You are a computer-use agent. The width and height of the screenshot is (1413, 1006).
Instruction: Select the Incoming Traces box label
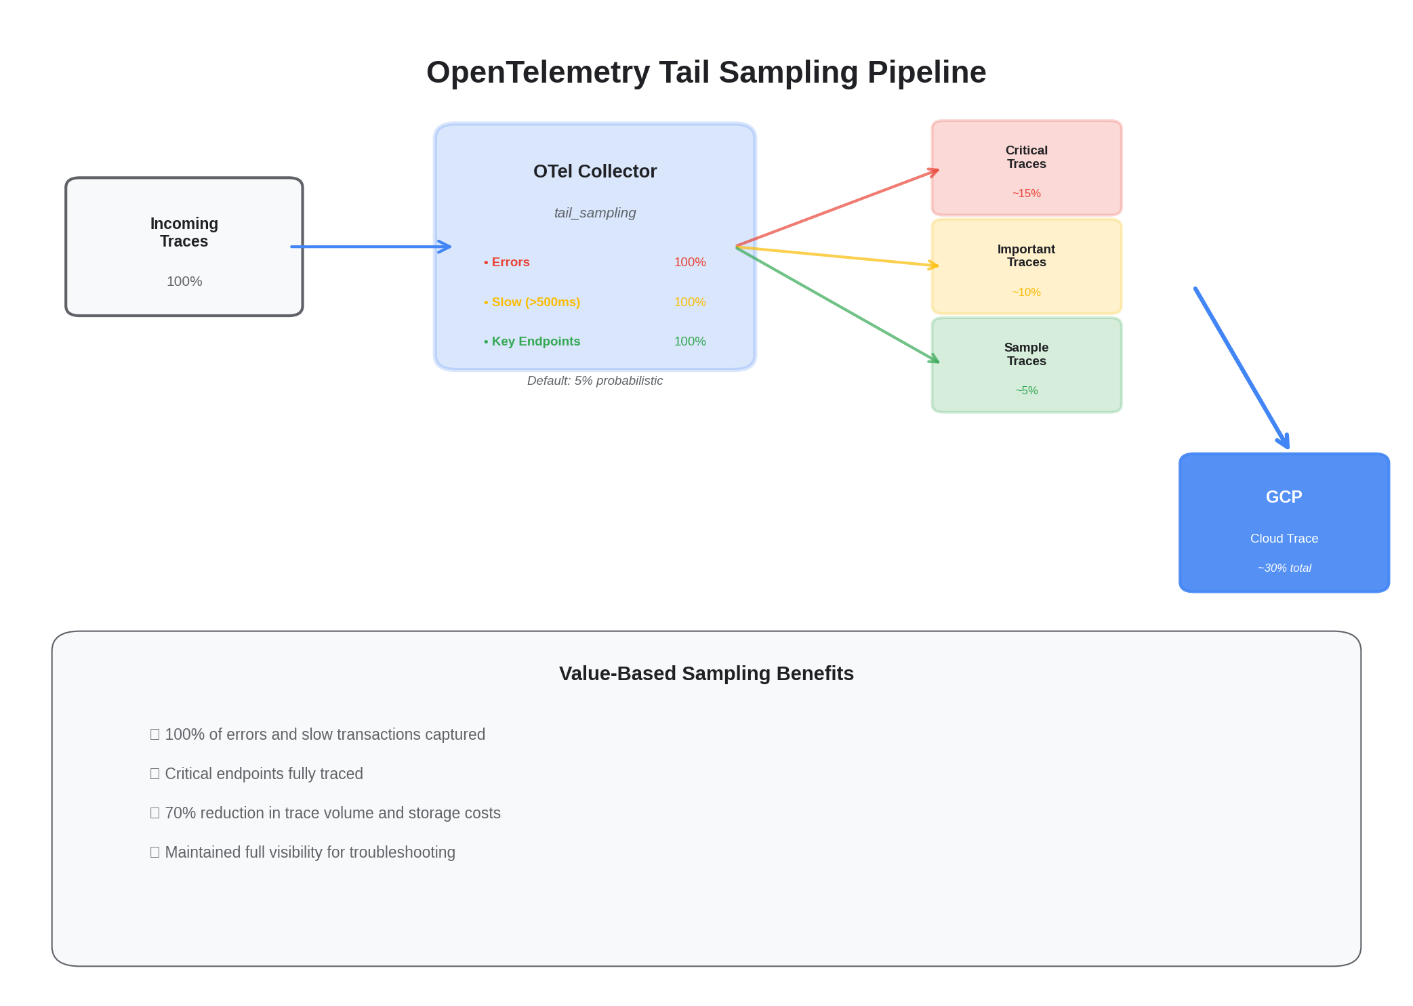click(184, 232)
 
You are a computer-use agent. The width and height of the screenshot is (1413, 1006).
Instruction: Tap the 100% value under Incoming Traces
click(184, 281)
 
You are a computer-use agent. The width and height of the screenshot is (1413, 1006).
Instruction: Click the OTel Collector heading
click(594, 171)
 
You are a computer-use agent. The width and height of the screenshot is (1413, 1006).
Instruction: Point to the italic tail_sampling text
click(594, 213)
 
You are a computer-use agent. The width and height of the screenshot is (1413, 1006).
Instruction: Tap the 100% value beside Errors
click(689, 262)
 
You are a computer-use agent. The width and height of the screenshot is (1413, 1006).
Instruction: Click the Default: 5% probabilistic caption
click(594, 381)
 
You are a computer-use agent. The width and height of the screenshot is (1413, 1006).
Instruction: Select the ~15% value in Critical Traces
click(1026, 194)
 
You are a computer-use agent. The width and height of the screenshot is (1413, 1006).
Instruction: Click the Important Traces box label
click(1026, 255)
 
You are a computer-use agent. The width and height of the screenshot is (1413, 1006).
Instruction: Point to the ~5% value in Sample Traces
click(1026, 391)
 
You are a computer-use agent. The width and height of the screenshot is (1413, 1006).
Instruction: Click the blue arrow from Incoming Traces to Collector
click(369, 247)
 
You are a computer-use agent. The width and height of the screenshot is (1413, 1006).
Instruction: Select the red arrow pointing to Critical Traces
click(837, 208)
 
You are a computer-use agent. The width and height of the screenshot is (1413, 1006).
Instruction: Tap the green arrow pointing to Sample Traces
click(837, 305)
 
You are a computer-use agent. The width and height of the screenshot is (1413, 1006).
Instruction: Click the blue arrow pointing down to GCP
click(1241, 368)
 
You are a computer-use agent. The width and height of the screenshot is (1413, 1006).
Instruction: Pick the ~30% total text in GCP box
click(1284, 568)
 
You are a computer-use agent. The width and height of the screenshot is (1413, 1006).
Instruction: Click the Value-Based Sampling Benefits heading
click(705, 673)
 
